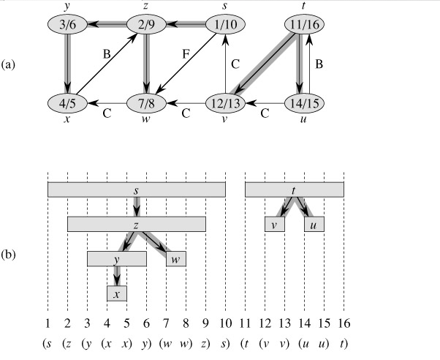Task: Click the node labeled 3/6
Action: [67, 24]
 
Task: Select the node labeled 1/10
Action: [225, 24]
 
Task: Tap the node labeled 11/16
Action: [305, 24]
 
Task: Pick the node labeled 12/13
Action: [225, 103]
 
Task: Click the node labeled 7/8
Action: [146, 103]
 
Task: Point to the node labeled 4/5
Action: [67, 103]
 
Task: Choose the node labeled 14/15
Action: [305, 103]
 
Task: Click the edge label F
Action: [186, 53]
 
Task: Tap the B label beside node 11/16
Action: [319, 64]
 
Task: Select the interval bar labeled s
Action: [137, 190]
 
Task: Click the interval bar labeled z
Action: [137, 224]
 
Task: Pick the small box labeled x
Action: [117, 293]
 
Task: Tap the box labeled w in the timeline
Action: [176, 259]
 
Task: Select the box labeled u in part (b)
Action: [314, 224]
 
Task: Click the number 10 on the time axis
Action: [225, 323]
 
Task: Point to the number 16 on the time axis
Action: [344, 323]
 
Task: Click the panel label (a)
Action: [8, 64]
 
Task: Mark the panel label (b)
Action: [8, 255]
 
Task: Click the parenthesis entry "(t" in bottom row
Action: [245, 344]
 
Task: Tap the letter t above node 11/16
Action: [303, 6]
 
